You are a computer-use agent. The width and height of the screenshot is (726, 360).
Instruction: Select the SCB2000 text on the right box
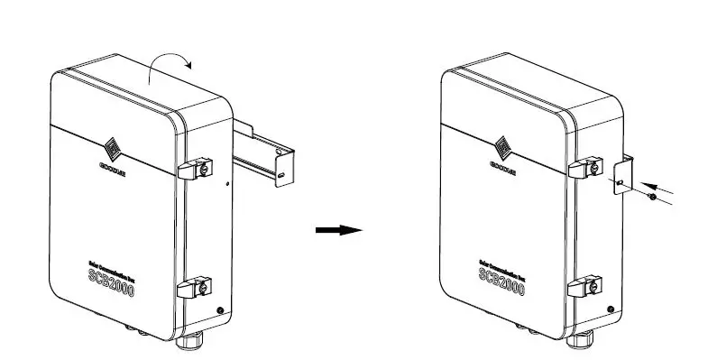point(507,282)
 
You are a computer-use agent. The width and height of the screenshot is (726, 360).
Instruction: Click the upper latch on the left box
point(194,168)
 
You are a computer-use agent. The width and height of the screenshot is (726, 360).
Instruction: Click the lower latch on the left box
point(194,288)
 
